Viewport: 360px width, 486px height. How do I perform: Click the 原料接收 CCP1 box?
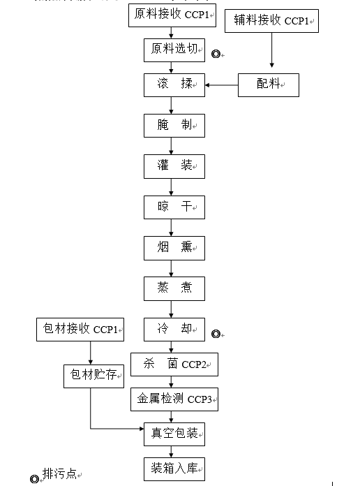172,15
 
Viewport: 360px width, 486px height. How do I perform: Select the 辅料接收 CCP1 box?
271,21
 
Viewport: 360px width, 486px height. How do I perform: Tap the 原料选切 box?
174,50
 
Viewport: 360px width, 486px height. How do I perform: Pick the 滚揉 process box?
174,85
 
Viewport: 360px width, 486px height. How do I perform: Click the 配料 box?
269,85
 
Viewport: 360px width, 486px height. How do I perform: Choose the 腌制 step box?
174,126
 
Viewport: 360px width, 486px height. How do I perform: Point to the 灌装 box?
174,166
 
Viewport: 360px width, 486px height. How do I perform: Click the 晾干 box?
174,207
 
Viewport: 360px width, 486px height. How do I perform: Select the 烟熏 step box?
174,249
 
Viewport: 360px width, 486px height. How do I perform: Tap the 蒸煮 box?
174,289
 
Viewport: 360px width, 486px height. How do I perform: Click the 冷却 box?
174,330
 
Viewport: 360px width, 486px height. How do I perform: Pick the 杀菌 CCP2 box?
174,364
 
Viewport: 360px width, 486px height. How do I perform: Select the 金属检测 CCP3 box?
174,399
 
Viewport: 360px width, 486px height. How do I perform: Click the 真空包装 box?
174,434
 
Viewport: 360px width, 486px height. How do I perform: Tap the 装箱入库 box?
174,469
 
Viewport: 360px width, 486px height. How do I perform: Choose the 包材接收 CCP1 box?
80,330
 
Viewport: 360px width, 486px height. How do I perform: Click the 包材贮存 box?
94,376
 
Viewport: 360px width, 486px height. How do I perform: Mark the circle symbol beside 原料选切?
216,54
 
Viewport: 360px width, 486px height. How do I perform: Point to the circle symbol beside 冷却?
216,334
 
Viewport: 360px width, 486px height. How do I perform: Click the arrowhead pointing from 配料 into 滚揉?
207,85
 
